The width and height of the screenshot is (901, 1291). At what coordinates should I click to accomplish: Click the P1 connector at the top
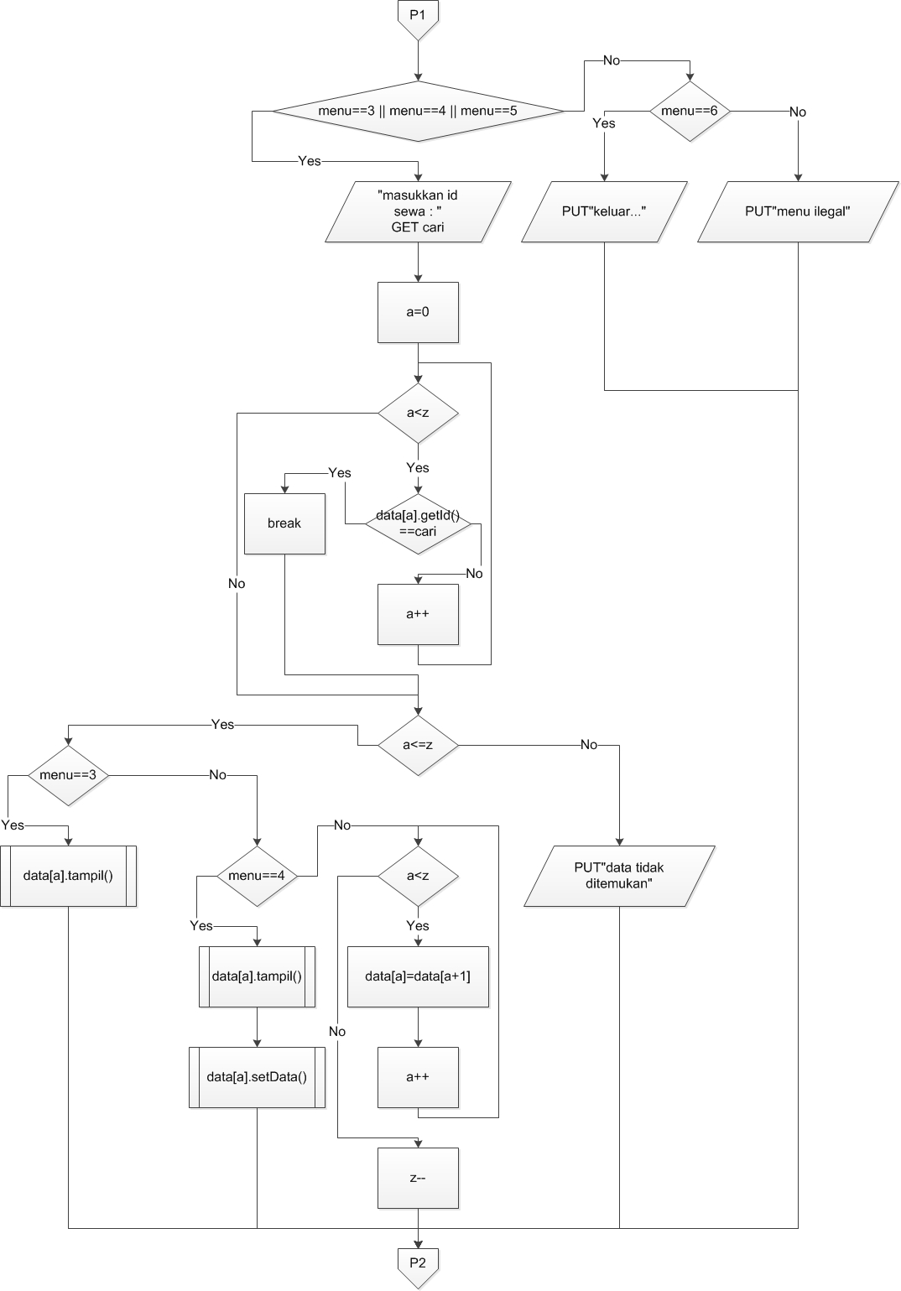tap(418, 17)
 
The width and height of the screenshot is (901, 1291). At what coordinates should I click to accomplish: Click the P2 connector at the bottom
tap(418, 1264)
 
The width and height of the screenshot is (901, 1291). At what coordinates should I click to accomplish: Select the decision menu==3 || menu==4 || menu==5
tap(418, 111)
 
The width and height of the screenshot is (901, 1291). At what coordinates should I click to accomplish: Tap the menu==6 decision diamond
tap(690, 111)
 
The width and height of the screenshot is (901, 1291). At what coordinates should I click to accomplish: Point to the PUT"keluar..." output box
tap(604, 211)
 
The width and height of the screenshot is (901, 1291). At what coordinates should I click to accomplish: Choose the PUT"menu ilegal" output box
tap(797, 211)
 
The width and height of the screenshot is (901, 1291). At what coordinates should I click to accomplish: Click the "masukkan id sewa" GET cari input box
tap(418, 211)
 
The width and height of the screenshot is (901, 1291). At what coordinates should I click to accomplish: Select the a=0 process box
tap(418, 312)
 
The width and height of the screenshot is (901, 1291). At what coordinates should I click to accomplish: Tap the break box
tap(284, 523)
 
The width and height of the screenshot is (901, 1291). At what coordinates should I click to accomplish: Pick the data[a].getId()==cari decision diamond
tap(418, 524)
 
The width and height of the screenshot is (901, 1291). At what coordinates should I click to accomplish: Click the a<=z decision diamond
tap(418, 745)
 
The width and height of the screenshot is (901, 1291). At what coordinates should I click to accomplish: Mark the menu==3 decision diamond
tap(68, 775)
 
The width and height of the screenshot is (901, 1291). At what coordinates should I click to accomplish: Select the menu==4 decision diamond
tap(257, 876)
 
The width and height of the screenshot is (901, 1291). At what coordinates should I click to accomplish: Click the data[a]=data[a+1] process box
tap(418, 976)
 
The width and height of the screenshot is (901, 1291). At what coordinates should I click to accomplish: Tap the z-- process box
tap(418, 1178)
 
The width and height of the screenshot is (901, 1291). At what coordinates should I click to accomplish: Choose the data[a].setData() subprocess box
tap(257, 1077)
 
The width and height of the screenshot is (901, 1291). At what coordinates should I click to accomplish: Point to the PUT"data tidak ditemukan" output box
tap(619, 876)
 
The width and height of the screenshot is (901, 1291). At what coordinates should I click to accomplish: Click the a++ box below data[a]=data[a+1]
tap(418, 1077)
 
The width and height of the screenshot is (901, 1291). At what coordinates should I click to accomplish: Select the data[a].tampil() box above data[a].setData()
tap(257, 976)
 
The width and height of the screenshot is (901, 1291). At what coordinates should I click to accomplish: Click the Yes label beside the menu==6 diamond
tap(603, 123)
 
